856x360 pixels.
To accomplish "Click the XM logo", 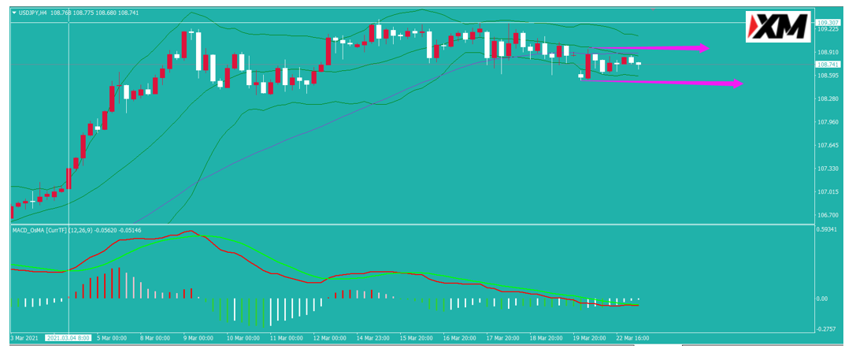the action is tap(779, 26).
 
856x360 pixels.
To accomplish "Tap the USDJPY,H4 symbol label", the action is tap(32, 12).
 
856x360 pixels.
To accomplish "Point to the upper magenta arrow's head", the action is tap(704, 48).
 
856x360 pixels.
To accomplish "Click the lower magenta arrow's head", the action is tap(737, 83).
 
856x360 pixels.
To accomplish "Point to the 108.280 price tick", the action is tap(827, 99).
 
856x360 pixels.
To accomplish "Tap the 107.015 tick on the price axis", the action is tap(827, 191).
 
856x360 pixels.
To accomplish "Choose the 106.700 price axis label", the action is tap(827, 215).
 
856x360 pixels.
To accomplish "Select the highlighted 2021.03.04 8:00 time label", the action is tap(69, 338).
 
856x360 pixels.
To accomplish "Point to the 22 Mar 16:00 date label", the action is tap(632, 338).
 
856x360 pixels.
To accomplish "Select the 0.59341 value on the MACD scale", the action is tap(827, 229).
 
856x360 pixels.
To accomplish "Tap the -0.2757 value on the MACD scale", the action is tap(827, 328).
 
